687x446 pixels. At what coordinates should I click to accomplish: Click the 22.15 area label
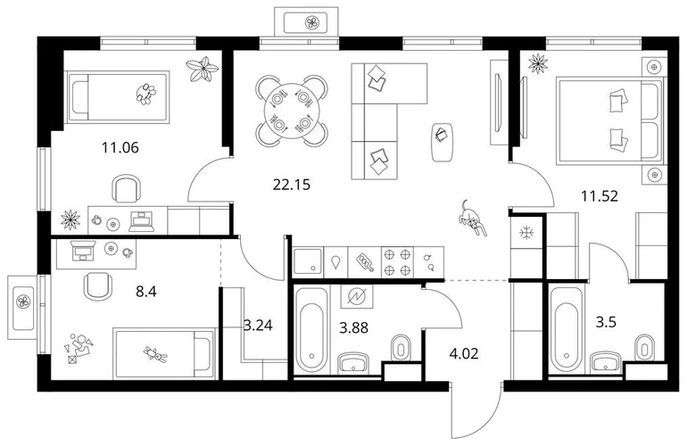pyautogui.click(x=292, y=185)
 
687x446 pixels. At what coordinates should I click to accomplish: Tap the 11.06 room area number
pyautogui.click(x=120, y=148)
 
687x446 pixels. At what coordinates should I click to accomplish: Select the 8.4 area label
pyautogui.click(x=146, y=291)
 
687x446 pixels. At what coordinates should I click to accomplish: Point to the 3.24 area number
pyautogui.click(x=258, y=325)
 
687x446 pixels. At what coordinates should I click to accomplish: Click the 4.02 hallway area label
pyautogui.click(x=464, y=353)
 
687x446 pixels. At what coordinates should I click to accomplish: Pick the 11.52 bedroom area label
pyautogui.click(x=600, y=196)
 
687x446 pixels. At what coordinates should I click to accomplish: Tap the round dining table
pyautogui.click(x=292, y=111)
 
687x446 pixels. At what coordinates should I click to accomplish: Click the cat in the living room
pyautogui.click(x=472, y=218)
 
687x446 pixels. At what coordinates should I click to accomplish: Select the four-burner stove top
pyautogui.click(x=398, y=262)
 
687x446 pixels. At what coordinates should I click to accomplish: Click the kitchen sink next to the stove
pyautogui.click(x=308, y=261)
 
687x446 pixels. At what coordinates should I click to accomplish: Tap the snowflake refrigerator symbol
pyautogui.click(x=526, y=233)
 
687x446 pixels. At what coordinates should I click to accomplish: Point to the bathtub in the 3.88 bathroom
pyautogui.click(x=311, y=330)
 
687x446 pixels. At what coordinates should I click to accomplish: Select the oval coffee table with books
pyautogui.click(x=442, y=142)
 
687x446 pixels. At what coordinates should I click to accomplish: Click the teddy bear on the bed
pyautogui.click(x=155, y=355)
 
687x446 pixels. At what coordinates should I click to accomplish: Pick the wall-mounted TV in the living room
pyautogui.click(x=498, y=103)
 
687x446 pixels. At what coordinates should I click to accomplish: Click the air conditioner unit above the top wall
pyautogui.click(x=307, y=22)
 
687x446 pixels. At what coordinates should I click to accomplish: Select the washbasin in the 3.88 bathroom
pyautogui.click(x=353, y=362)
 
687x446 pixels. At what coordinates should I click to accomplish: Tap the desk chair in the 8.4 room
pyautogui.click(x=97, y=286)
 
